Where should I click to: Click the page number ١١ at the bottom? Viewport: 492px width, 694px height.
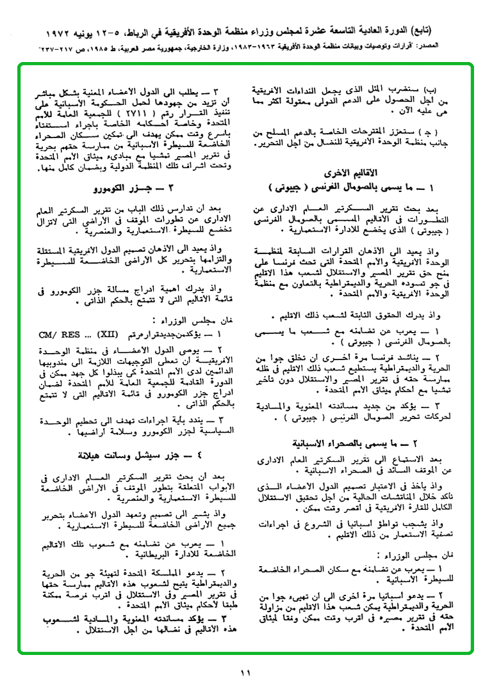[x=246, y=672]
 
